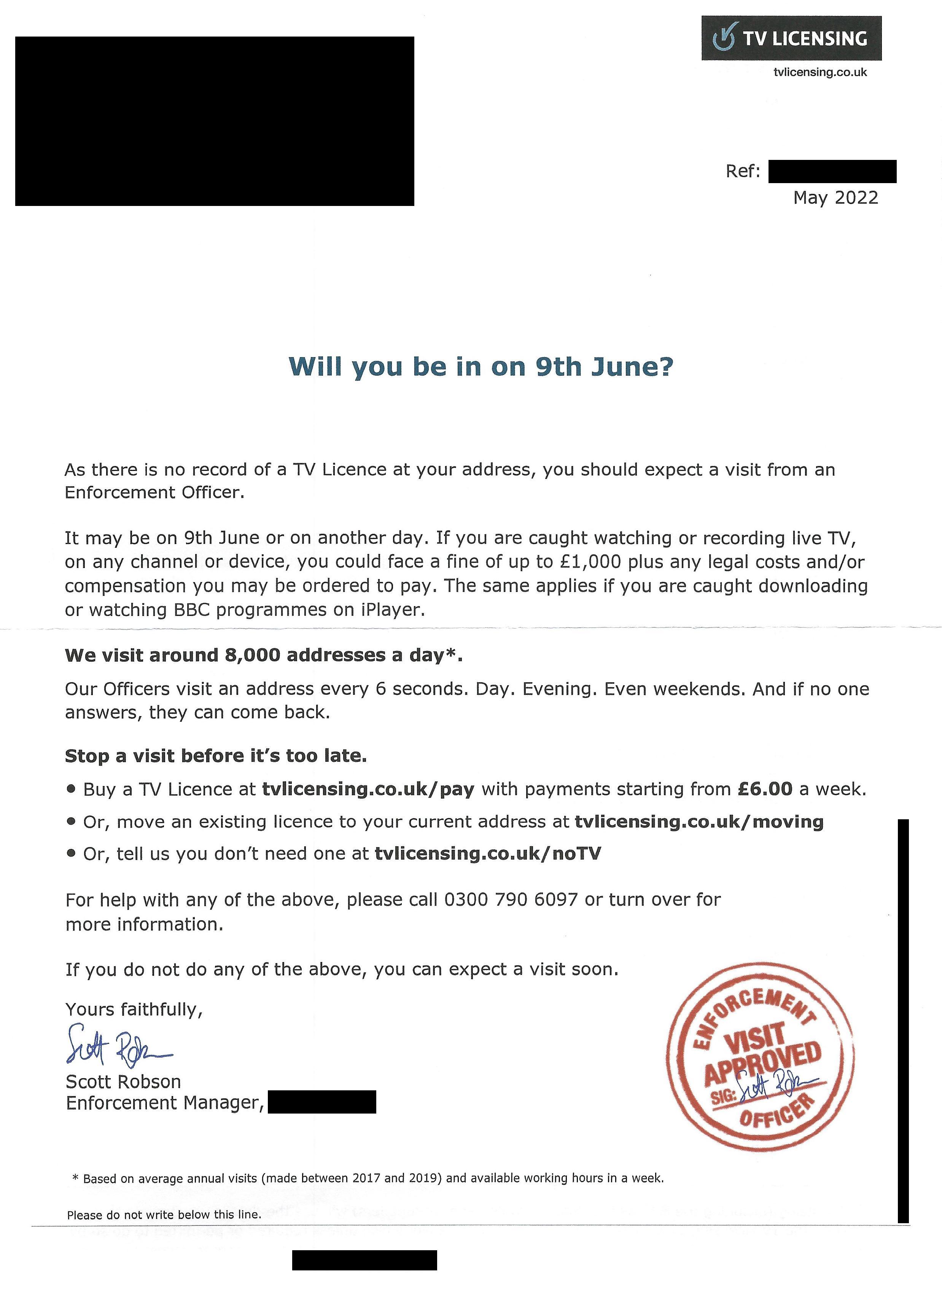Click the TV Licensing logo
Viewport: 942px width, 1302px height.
791,38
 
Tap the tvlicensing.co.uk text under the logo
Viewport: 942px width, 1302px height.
820,72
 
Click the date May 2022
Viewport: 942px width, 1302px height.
835,198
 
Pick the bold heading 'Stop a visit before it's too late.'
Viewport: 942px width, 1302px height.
216,756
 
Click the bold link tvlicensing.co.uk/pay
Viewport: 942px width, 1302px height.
368,789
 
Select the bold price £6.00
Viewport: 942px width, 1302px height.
765,789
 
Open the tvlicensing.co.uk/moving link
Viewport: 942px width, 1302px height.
699,822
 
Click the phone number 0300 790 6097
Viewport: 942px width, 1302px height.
511,900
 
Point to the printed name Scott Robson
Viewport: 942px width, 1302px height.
123,1082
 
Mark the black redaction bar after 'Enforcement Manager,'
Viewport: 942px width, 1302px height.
322,1103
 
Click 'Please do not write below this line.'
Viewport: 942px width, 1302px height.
164,1215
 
